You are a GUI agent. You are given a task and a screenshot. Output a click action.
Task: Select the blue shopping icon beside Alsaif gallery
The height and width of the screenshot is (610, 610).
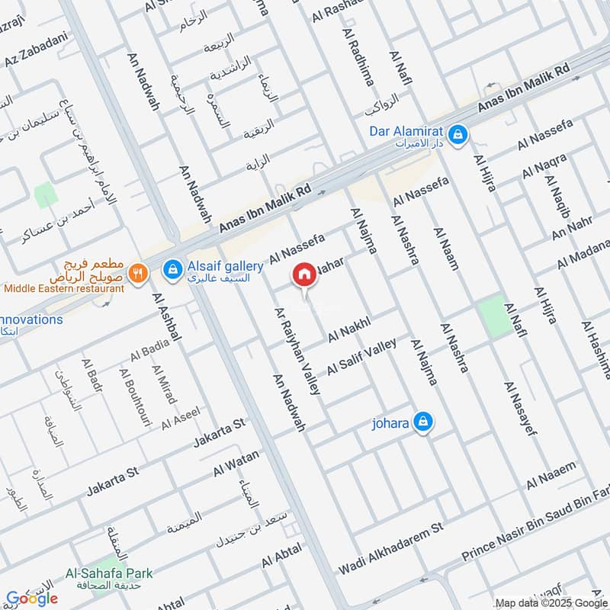[x=173, y=268]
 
